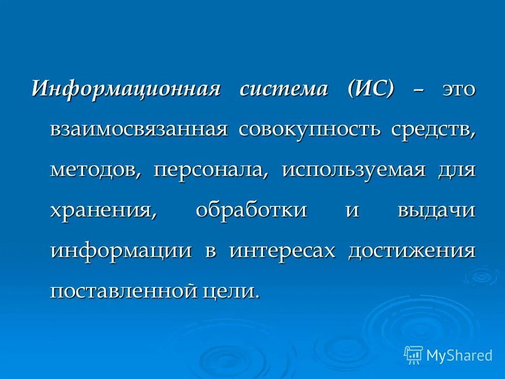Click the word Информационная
pos(126,88)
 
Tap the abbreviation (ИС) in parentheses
pos(370,88)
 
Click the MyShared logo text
pos(459,355)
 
